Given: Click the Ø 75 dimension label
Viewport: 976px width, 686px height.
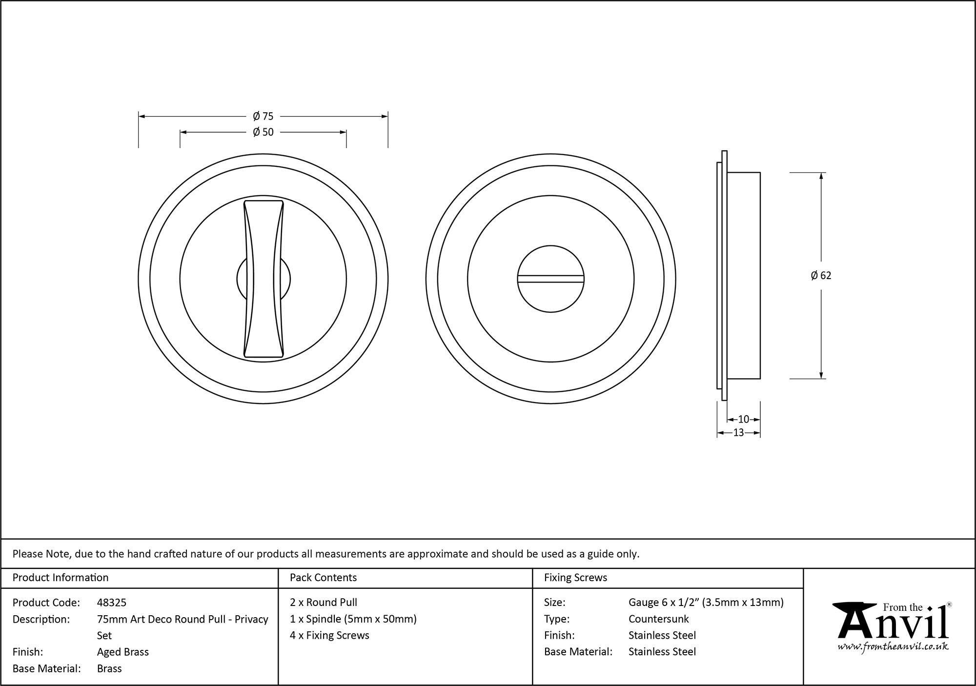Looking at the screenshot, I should [x=263, y=116].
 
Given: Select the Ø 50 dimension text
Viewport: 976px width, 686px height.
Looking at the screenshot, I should [x=263, y=132].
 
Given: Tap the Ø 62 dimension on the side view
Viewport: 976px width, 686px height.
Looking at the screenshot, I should [x=821, y=276].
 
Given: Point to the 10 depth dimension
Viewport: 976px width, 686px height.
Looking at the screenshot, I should [x=743, y=419].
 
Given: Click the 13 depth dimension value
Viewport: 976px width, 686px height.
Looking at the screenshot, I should [x=738, y=432].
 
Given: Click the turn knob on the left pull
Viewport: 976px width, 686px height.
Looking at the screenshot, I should [x=264, y=279].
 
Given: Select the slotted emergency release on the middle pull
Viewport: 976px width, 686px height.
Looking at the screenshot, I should [x=551, y=279].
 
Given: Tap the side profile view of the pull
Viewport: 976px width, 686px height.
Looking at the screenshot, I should [x=738, y=276].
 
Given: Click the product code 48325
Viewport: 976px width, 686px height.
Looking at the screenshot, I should [x=112, y=603].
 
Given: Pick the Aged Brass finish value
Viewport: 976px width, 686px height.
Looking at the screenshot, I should [x=123, y=652].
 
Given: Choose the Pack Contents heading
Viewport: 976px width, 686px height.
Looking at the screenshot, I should [x=323, y=578].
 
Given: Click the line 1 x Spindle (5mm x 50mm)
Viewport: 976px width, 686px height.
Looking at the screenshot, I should [x=353, y=619].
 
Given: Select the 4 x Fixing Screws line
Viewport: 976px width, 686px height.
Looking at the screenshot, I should [x=329, y=635].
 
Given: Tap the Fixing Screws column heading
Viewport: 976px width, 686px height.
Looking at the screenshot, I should [x=575, y=578].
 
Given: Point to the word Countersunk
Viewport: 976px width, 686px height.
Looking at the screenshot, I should [x=658, y=619].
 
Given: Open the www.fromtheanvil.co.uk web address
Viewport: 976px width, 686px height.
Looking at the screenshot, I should [x=893, y=646].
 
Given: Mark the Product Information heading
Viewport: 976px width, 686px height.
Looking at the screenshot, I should [x=61, y=578].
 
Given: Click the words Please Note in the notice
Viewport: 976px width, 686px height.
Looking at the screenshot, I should [x=42, y=554].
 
